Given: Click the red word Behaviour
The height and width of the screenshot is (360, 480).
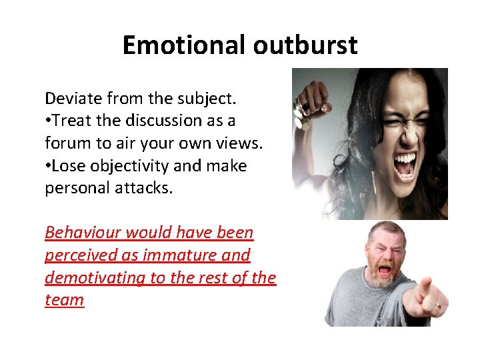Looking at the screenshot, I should pos(83,233).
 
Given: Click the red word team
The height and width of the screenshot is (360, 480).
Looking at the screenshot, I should pos(64,300).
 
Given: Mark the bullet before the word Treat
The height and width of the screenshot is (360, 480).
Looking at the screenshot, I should pos(48,121).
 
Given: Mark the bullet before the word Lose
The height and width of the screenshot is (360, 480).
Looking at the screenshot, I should pos(48,166).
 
